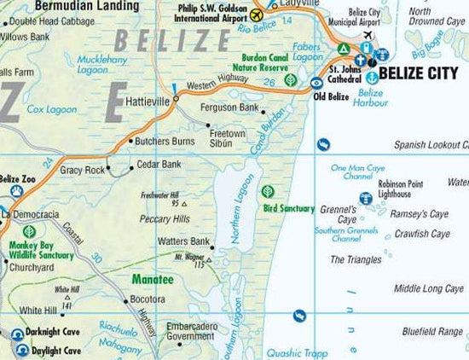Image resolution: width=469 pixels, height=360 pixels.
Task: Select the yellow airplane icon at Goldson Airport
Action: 258,15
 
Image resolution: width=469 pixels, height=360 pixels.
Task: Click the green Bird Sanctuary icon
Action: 269,192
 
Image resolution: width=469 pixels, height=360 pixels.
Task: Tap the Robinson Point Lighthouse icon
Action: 367,199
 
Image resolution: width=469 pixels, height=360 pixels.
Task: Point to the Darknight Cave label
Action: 53,334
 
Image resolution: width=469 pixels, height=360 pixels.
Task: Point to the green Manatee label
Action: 153,279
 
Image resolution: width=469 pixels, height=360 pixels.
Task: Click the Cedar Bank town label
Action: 159,164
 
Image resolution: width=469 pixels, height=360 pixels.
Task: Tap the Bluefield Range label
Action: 433,330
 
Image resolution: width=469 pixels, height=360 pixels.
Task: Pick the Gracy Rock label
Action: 82,170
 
